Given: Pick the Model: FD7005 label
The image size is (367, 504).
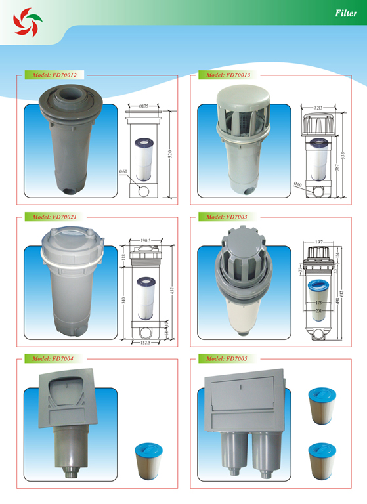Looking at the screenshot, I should (x=225, y=358).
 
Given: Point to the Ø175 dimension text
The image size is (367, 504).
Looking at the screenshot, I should (x=146, y=106).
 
